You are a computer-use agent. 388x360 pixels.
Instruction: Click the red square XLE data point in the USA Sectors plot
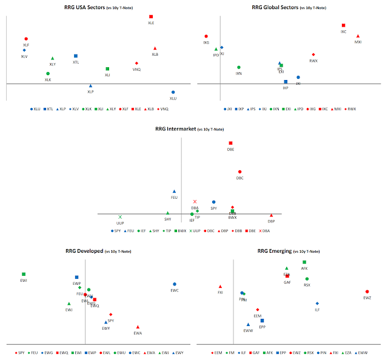151,16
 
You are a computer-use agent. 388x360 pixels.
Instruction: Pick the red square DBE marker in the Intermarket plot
230,143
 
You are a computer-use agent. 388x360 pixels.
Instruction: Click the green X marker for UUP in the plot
120,216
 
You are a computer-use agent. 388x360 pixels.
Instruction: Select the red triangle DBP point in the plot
271,215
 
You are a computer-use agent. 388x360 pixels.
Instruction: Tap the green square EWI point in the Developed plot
24,274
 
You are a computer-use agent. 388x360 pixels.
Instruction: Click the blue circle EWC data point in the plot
175,284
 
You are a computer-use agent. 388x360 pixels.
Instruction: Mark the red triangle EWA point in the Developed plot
138,327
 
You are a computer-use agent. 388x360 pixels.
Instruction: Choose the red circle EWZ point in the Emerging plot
367,292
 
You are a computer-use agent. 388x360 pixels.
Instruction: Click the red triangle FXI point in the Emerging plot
220,286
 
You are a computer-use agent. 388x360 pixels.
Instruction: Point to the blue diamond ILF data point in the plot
317,303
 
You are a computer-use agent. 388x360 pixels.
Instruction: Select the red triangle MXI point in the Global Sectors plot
358,36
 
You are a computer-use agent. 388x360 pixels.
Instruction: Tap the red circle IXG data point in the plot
206,36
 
